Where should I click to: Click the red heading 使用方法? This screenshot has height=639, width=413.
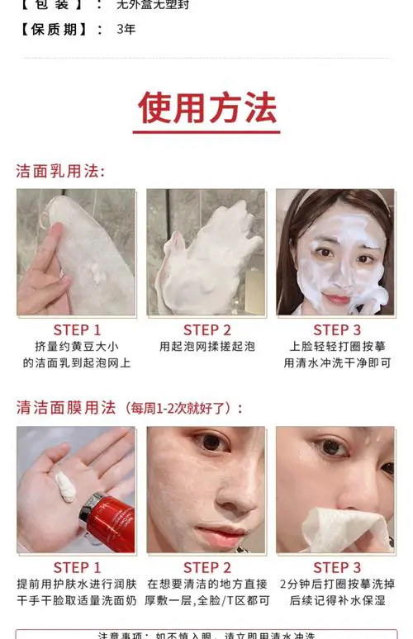[x=206, y=106]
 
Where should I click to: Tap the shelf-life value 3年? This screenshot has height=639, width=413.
[x=126, y=30]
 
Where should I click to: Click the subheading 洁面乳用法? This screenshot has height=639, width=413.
[x=60, y=171]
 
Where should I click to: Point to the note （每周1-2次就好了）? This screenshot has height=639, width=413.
[x=183, y=408]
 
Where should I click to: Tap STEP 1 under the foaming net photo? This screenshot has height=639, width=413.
[x=77, y=330]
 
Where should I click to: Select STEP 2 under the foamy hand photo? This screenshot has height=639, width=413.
[x=206, y=330]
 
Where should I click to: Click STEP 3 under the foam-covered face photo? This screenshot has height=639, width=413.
[x=336, y=330]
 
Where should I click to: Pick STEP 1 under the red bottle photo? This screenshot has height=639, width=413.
[x=77, y=567]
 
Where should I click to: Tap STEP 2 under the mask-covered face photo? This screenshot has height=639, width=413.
[x=206, y=567]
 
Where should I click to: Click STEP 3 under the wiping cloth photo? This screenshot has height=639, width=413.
[x=336, y=567]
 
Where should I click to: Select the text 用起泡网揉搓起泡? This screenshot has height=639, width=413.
[x=206, y=347]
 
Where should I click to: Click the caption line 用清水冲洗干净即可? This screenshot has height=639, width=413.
[x=336, y=362]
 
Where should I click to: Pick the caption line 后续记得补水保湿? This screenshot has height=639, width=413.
[x=336, y=600]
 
